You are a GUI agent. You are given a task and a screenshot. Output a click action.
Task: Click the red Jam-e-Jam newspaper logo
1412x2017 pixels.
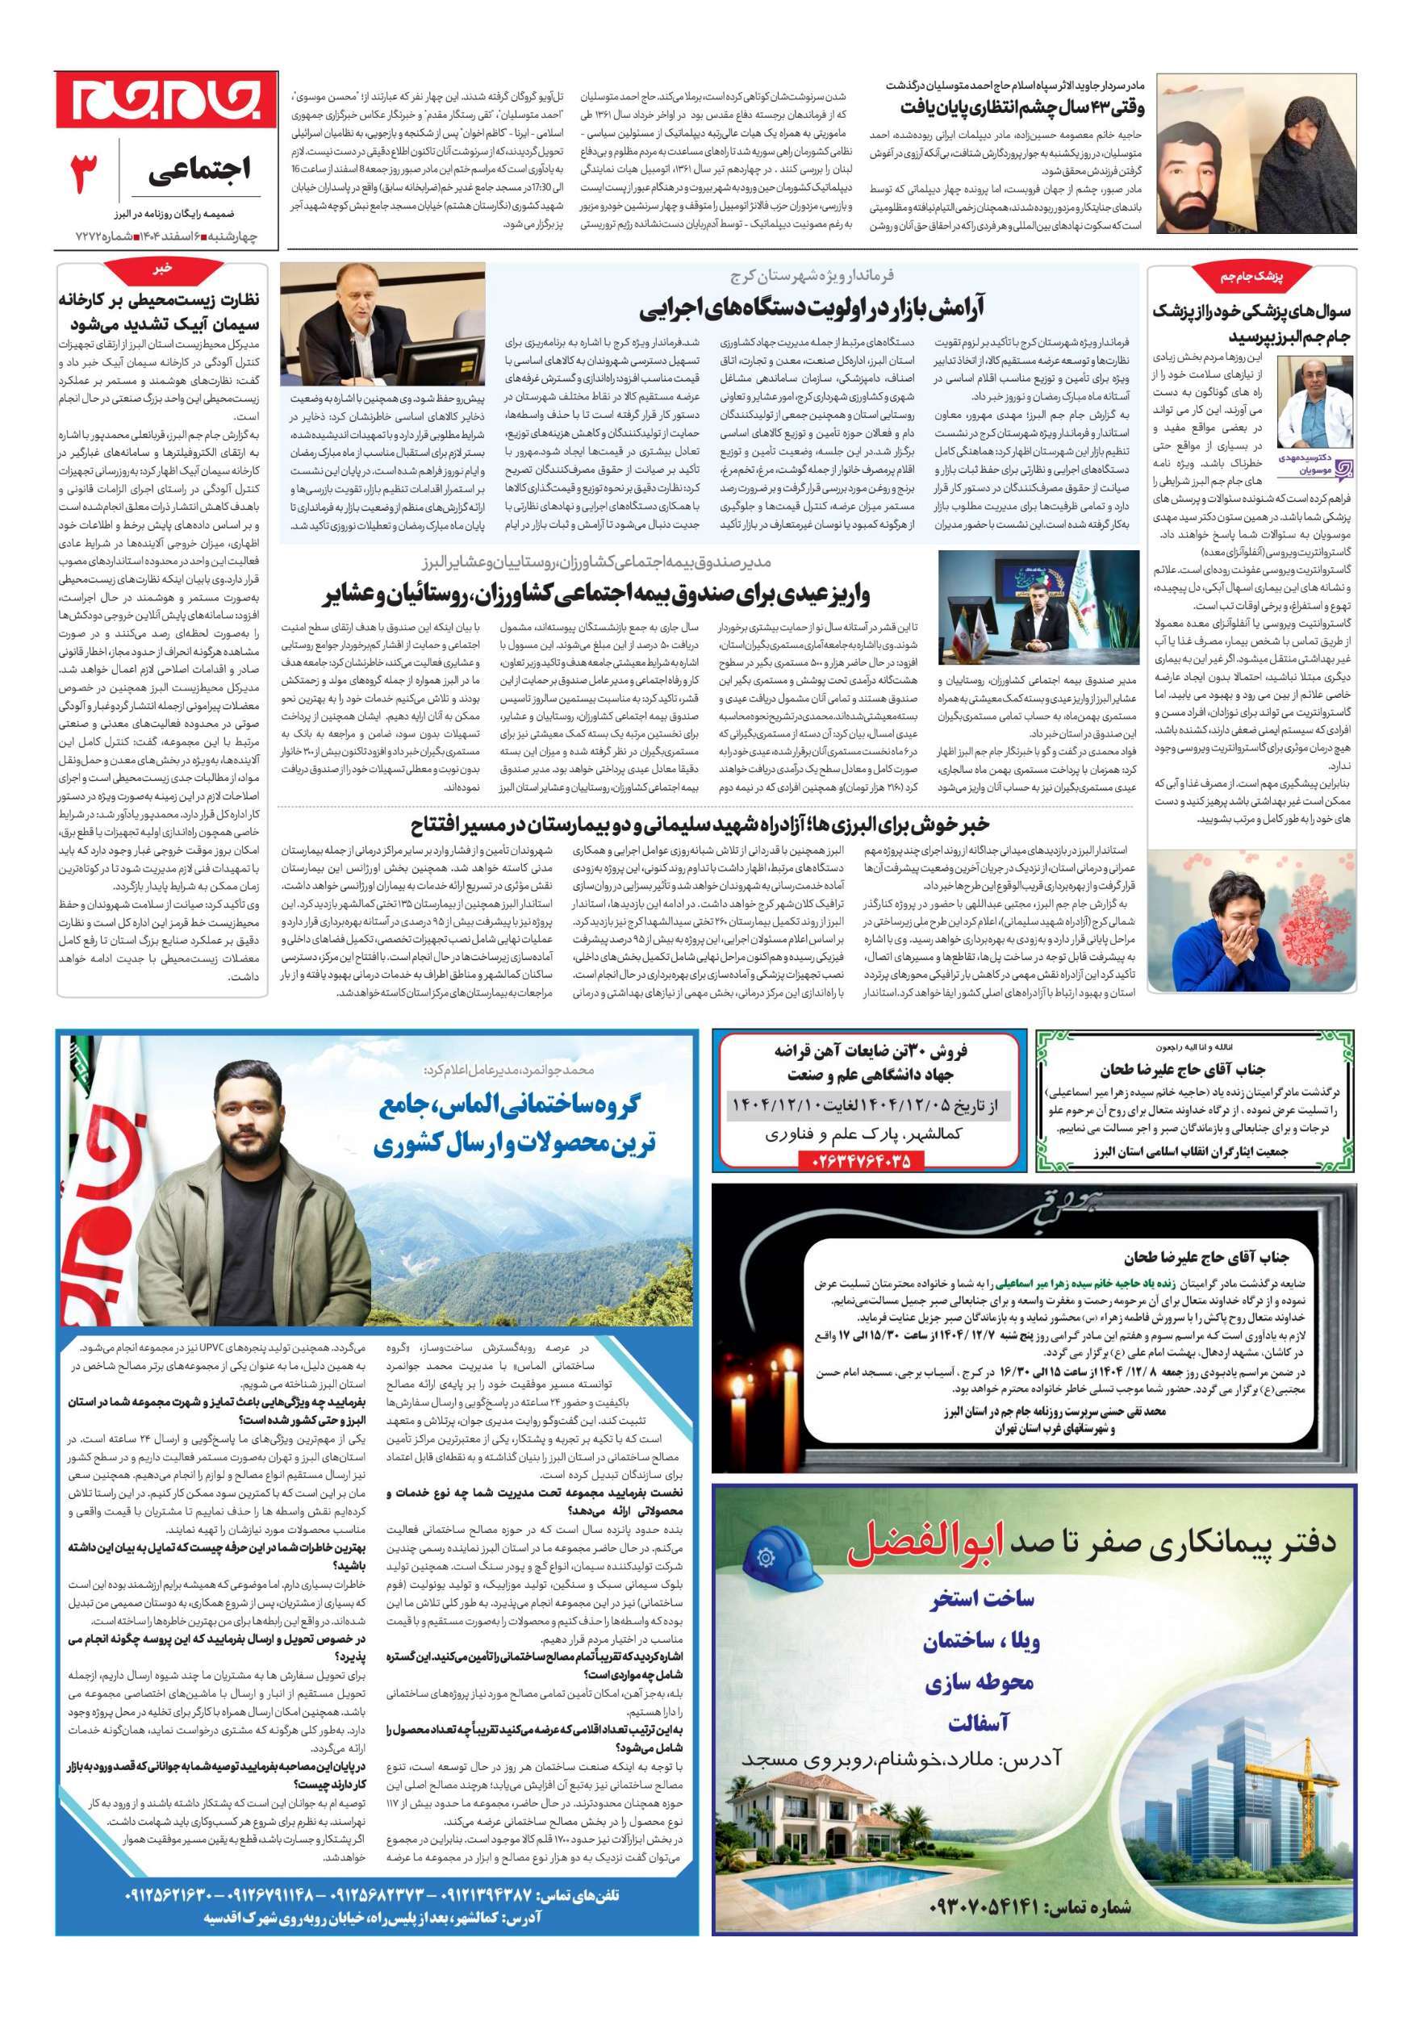[167, 100]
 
